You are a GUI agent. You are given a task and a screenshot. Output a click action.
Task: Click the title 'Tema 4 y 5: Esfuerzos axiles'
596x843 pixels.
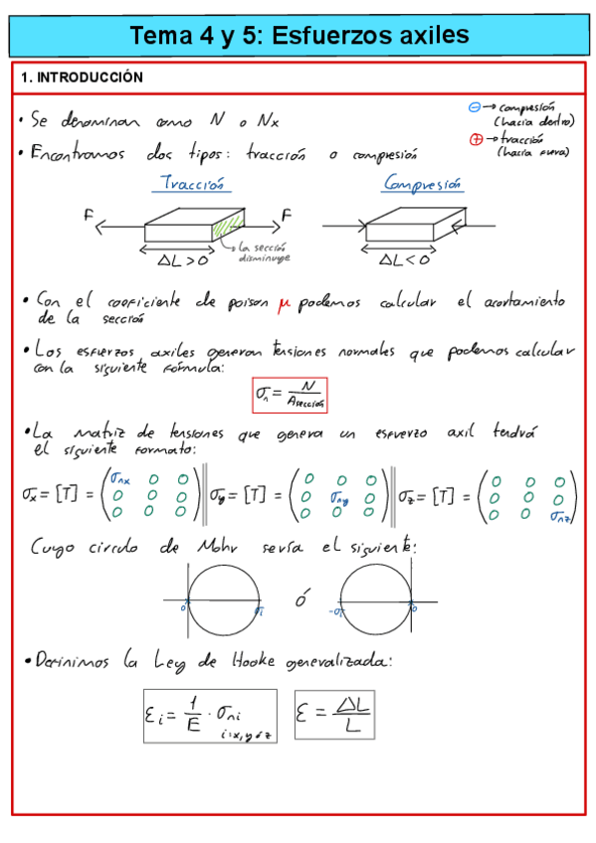(x=298, y=36)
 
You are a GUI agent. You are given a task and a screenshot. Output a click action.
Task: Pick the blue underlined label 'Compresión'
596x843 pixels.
(x=423, y=184)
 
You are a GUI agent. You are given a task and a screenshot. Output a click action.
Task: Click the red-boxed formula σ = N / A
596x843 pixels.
(x=291, y=395)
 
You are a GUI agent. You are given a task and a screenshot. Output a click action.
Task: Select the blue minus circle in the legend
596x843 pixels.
(x=475, y=106)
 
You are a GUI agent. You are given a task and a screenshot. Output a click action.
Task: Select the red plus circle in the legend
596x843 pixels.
(x=476, y=139)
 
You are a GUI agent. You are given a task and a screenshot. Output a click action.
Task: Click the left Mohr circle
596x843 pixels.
(x=226, y=600)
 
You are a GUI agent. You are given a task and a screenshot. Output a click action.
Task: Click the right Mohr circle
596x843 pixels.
(x=374, y=600)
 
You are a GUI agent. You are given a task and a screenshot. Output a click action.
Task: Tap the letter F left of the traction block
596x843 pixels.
(x=90, y=215)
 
